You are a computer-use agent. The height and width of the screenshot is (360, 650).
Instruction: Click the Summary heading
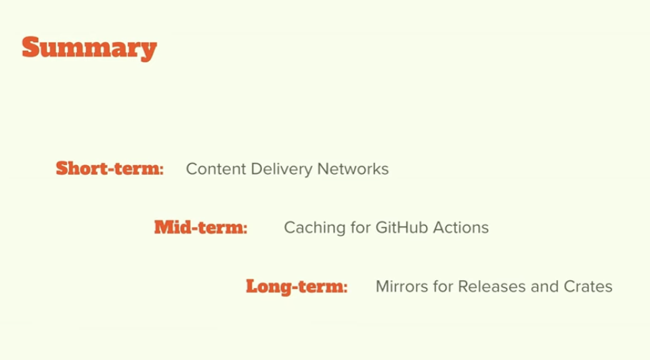[89, 48]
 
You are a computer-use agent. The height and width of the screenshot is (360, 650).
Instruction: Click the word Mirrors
[400, 286]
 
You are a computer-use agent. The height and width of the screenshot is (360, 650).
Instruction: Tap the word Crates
[588, 286]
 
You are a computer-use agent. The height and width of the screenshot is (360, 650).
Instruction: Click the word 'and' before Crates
[544, 286]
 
